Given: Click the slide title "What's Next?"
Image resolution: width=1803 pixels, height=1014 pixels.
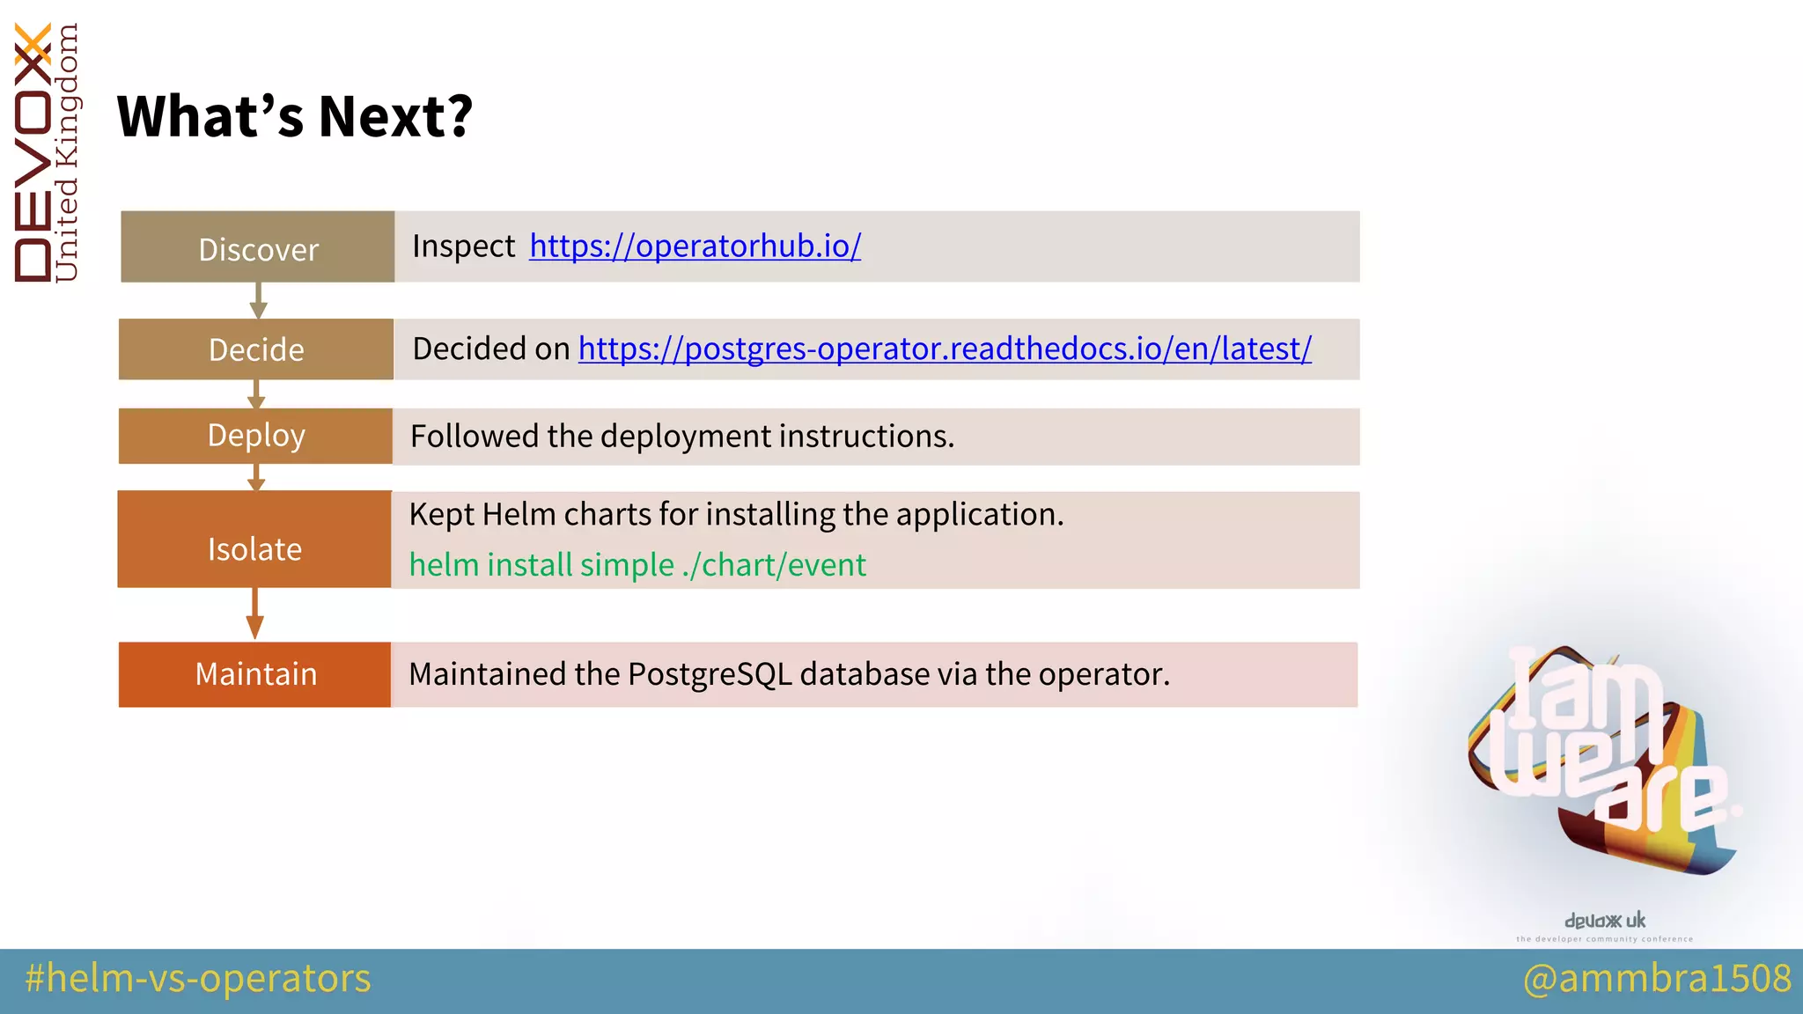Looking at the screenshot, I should [295, 116].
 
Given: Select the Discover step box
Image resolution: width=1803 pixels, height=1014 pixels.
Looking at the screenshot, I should [257, 247].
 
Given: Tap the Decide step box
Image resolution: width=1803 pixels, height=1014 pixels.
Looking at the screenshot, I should [256, 349].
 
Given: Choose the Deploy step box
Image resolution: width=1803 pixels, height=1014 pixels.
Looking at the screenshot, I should [255, 436].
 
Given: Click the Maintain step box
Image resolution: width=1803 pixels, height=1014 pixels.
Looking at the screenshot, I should [254, 674].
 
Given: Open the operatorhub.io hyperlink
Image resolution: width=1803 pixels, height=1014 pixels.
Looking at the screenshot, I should [695, 246].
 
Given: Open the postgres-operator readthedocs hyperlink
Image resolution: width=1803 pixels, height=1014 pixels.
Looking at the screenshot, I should [945, 349].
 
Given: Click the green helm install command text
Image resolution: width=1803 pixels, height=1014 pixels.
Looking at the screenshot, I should [637, 565].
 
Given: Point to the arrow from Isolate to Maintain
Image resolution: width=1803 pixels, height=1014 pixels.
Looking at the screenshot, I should [254, 614].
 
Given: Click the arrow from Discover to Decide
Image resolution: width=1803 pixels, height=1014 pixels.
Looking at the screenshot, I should [258, 300].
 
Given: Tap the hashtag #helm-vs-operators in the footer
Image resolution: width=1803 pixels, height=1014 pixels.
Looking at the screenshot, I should [198, 979].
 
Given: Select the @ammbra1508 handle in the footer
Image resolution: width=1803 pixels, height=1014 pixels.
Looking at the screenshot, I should [1657, 979].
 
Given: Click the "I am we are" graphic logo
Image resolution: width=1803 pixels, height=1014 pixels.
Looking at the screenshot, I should [1602, 757].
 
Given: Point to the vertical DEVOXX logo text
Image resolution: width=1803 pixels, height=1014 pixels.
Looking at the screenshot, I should [33, 154].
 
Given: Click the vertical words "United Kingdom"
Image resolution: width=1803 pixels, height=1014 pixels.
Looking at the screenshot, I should [67, 154].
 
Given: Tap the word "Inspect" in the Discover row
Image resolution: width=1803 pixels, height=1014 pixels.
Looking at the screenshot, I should [463, 246].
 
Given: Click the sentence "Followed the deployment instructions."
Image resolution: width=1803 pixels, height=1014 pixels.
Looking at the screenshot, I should [682, 437].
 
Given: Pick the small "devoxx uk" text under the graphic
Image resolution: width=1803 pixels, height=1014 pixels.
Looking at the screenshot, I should [1604, 921].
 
